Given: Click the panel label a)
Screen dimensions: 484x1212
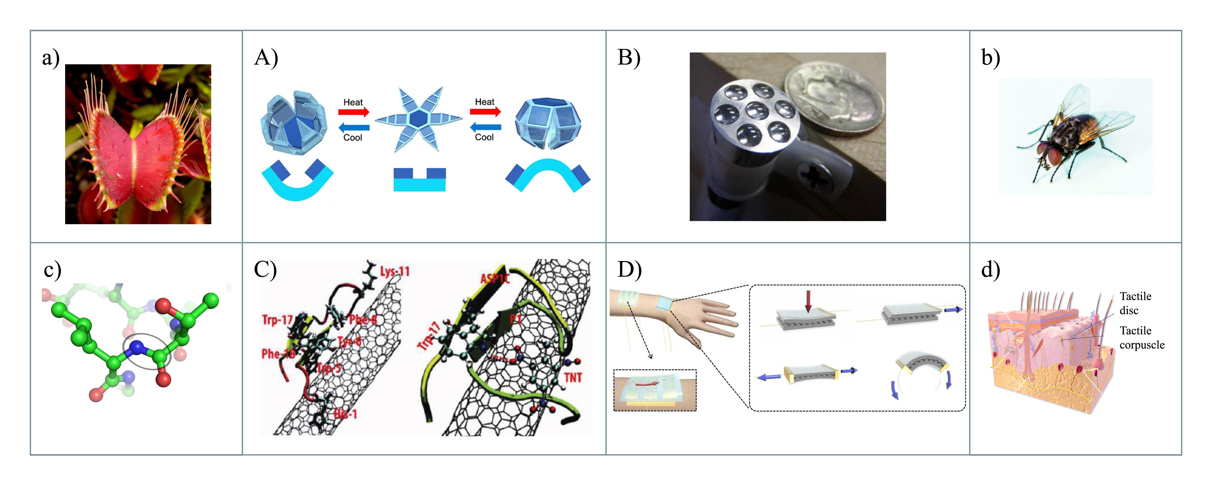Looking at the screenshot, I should point(50,58).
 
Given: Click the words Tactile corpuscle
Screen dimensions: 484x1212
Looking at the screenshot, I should point(1141,338).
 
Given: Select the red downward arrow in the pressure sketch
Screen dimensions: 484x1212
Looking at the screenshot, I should point(808,301).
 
